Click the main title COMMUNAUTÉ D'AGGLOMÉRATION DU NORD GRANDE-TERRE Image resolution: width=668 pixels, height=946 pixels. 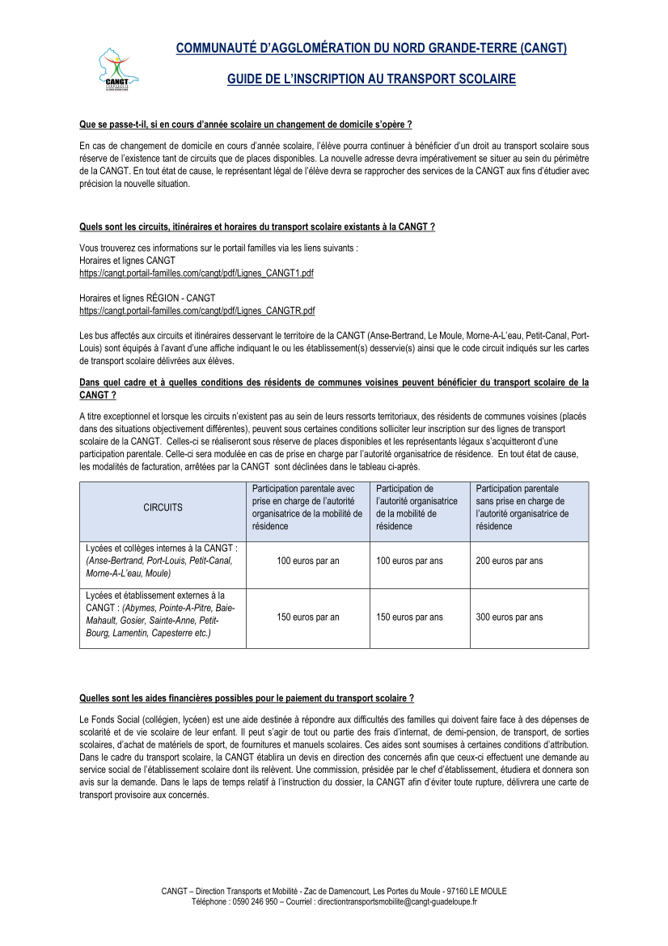click(x=371, y=49)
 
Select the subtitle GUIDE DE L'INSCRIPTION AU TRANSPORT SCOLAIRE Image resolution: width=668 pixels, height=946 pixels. click(x=371, y=79)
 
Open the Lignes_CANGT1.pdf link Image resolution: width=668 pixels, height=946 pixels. click(x=197, y=274)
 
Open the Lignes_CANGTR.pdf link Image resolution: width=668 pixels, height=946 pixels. click(x=197, y=310)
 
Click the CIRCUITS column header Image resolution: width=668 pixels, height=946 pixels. click(x=163, y=508)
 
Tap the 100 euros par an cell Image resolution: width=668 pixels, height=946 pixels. click(x=307, y=561)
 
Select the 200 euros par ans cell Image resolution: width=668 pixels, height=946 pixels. click(x=509, y=561)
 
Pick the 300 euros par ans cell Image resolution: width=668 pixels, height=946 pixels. click(x=509, y=617)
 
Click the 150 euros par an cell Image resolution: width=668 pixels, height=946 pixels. click(x=307, y=617)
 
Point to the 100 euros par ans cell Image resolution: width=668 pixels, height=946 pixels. click(x=409, y=561)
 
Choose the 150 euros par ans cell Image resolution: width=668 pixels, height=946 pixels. click(x=409, y=617)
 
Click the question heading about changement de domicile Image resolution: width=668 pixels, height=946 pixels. click(x=246, y=124)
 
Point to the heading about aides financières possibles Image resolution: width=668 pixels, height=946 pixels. click(x=247, y=698)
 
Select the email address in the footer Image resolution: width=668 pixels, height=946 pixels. click(x=397, y=901)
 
